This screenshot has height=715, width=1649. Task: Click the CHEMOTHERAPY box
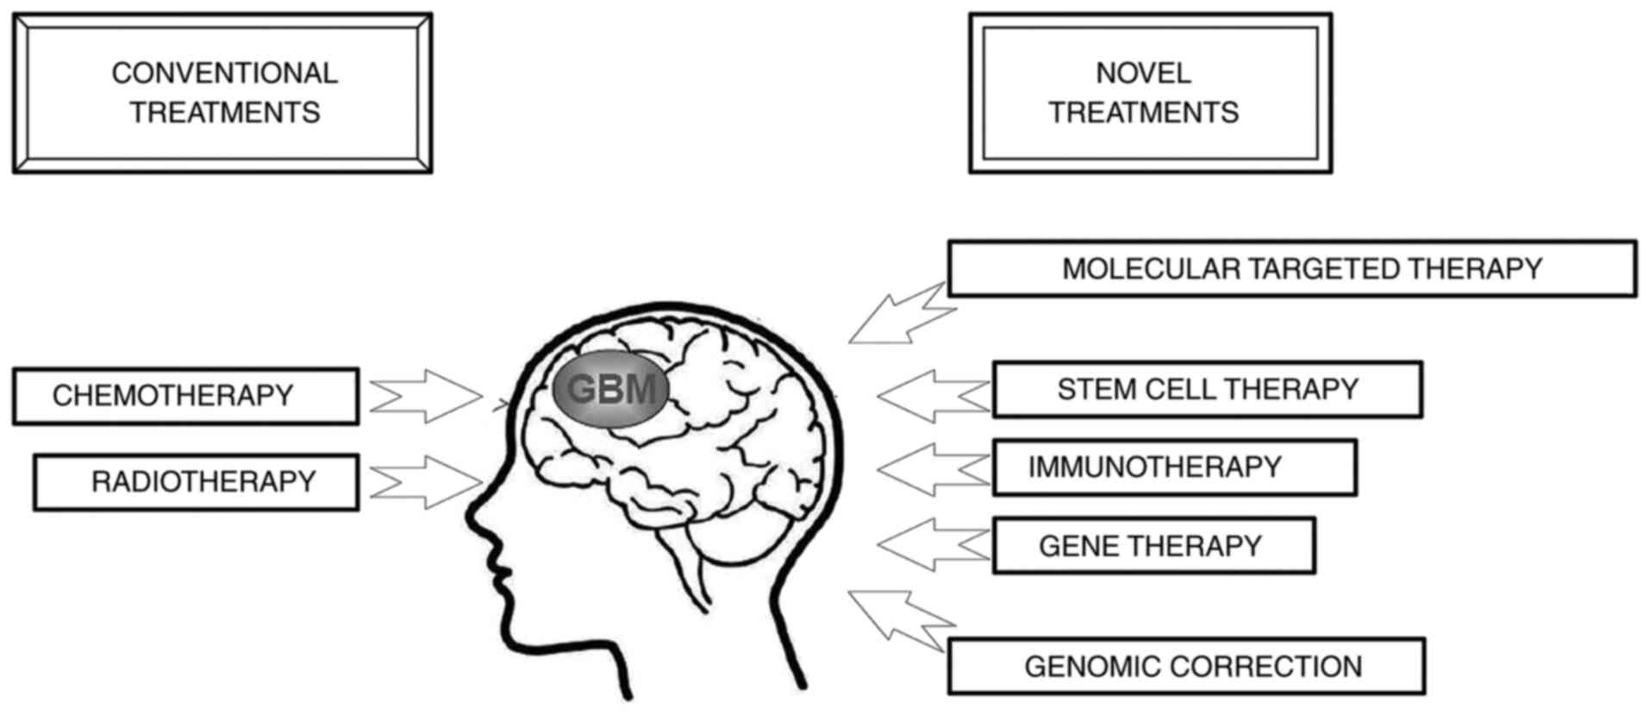coord(185,396)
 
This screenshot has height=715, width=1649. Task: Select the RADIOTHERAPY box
coord(196,482)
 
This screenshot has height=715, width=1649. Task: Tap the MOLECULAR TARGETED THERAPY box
coord(1291,269)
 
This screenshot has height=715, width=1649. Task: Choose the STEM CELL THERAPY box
coord(1207,390)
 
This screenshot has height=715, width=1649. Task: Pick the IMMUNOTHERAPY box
coord(1174,467)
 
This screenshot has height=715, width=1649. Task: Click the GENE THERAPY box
coord(1153,546)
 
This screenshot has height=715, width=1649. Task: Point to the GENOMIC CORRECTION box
coord(1186,666)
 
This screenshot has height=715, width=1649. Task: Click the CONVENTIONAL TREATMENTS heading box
coord(222,93)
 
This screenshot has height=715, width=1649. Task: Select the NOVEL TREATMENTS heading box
coord(1150,93)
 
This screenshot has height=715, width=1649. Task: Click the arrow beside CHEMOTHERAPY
coord(426,396)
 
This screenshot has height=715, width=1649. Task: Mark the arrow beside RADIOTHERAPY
coord(426,482)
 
